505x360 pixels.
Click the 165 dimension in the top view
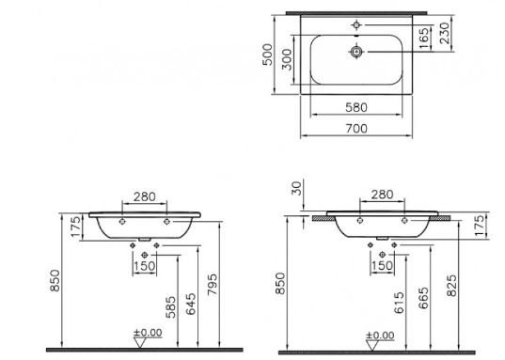pyautogui.click(x=451, y=38)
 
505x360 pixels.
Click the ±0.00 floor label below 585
pyautogui.click(x=146, y=334)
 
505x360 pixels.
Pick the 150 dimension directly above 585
pyautogui.click(x=144, y=267)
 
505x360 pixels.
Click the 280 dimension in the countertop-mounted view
pyautogui.click(x=382, y=195)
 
